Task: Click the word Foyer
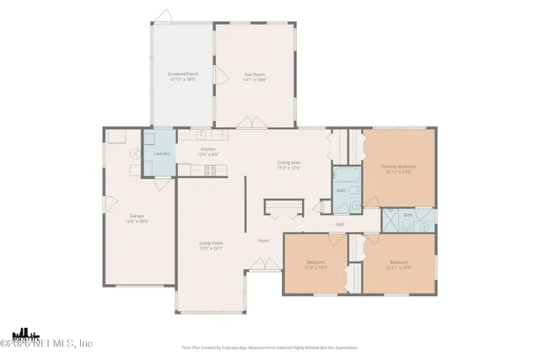(263, 240)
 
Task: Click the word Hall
(340, 223)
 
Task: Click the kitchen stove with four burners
(210, 170)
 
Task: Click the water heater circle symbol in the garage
(133, 154)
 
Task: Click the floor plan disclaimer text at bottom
(269, 347)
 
